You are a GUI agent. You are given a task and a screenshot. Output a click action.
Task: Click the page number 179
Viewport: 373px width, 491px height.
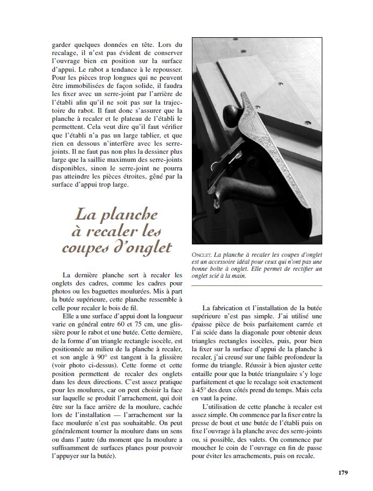(x=343, y=473)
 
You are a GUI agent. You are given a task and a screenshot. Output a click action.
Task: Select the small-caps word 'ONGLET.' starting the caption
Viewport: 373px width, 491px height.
(x=202, y=254)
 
